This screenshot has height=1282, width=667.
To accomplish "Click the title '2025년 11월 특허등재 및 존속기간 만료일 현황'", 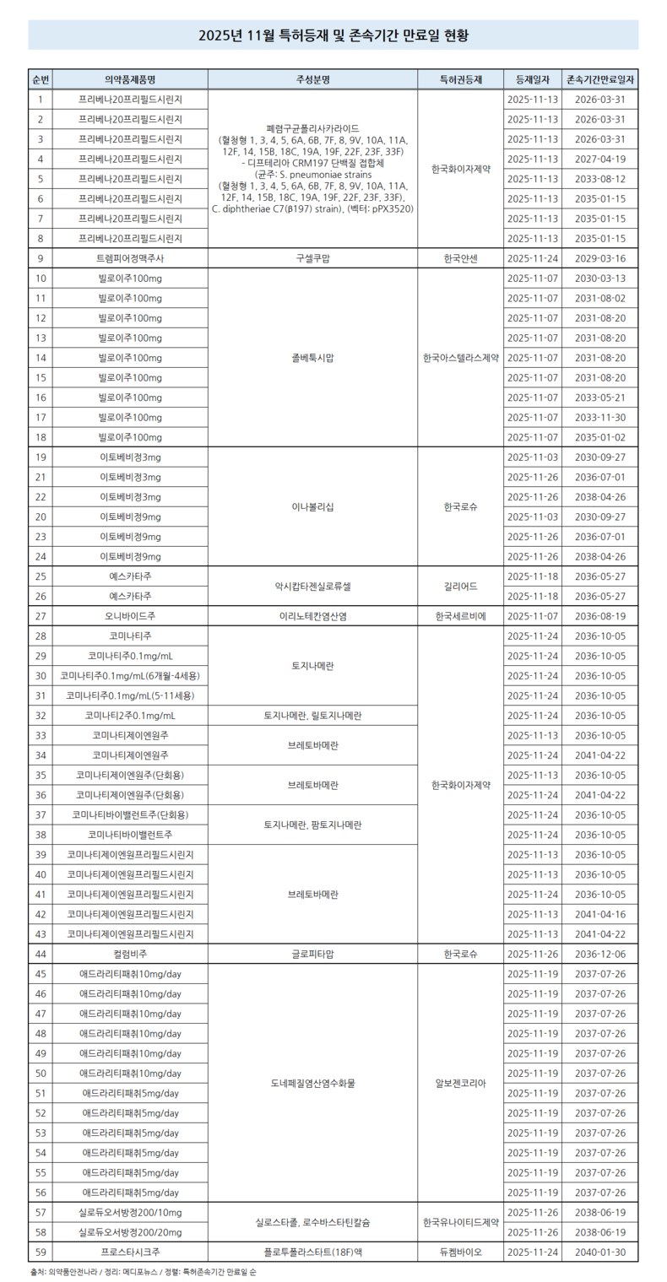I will pyautogui.click(x=333, y=35).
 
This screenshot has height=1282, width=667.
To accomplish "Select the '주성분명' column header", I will pyautogui.click(x=312, y=79).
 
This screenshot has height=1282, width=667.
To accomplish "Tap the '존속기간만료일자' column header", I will pyautogui.click(x=601, y=79).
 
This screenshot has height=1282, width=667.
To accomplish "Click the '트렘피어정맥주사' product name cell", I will pyautogui.click(x=130, y=258).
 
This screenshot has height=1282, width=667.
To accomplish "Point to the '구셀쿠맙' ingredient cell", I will pyautogui.click(x=312, y=258).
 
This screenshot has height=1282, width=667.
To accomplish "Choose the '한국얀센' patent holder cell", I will pyautogui.click(x=459, y=258).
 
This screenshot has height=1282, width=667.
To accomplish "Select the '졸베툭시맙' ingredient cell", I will pyautogui.click(x=312, y=358).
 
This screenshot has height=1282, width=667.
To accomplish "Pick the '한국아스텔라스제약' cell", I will pyautogui.click(x=459, y=358).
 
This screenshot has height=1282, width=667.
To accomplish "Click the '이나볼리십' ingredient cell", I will pyautogui.click(x=312, y=507).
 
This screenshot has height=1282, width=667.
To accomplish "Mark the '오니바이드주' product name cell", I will pyautogui.click(x=130, y=616).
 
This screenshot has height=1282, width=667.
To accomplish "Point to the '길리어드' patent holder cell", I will pyautogui.click(x=459, y=586).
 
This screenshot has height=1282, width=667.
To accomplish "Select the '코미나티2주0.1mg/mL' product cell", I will pyautogui.click(x=130, y=716).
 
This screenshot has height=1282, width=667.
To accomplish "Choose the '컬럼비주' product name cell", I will pyautogui.click(x=130, y=954).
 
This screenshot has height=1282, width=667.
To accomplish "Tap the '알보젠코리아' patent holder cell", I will pyautogui.click(x=459, y=1083).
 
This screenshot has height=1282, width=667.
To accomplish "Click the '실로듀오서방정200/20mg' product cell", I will pyautogui.click(x=130, y=1232).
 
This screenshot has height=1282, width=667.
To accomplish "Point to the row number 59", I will pyautogui.click(x=41, y=1252).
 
